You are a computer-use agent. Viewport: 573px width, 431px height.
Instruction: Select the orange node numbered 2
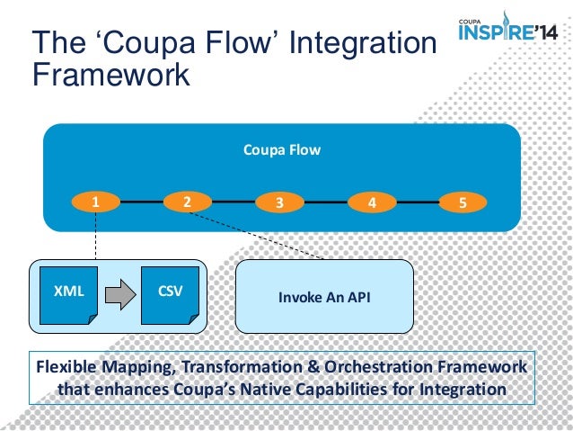pos(186,202)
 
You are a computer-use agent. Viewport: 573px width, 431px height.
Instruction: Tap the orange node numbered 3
pos(278,202)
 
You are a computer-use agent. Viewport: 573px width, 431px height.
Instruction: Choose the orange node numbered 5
pos(462,202)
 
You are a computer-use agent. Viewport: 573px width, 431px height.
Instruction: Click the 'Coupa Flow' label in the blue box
pos(281,150)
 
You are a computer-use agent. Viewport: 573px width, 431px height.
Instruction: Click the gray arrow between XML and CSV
pos(117,293)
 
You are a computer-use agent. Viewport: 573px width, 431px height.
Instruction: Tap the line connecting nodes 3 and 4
pos(324,202)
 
